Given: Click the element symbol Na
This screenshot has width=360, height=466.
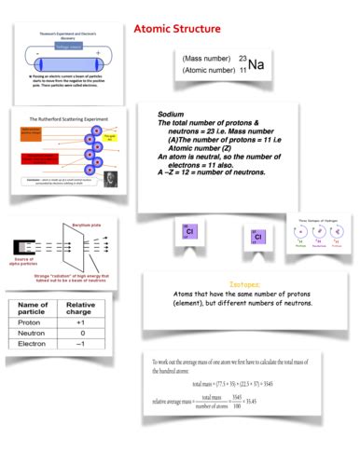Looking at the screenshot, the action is [257, 65].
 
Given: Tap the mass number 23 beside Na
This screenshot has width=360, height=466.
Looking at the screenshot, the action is [242, 58].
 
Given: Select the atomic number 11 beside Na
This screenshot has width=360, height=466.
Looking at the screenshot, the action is [242, 70].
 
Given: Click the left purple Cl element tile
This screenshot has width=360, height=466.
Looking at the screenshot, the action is [190, 234].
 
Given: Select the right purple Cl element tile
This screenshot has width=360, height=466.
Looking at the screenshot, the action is [256, 237].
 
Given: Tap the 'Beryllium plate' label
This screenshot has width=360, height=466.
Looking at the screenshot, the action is [87, 224].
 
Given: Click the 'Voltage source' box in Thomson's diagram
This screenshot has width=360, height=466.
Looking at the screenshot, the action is [68, 44].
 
